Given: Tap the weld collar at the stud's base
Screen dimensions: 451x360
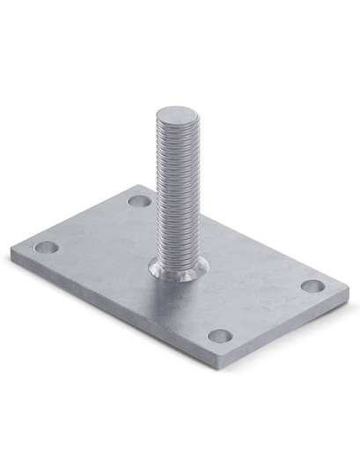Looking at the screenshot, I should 180,270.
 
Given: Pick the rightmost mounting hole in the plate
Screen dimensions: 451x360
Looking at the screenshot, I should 312,285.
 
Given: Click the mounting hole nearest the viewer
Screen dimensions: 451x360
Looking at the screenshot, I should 220,336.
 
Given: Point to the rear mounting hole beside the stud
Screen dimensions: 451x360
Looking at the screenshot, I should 139,201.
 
